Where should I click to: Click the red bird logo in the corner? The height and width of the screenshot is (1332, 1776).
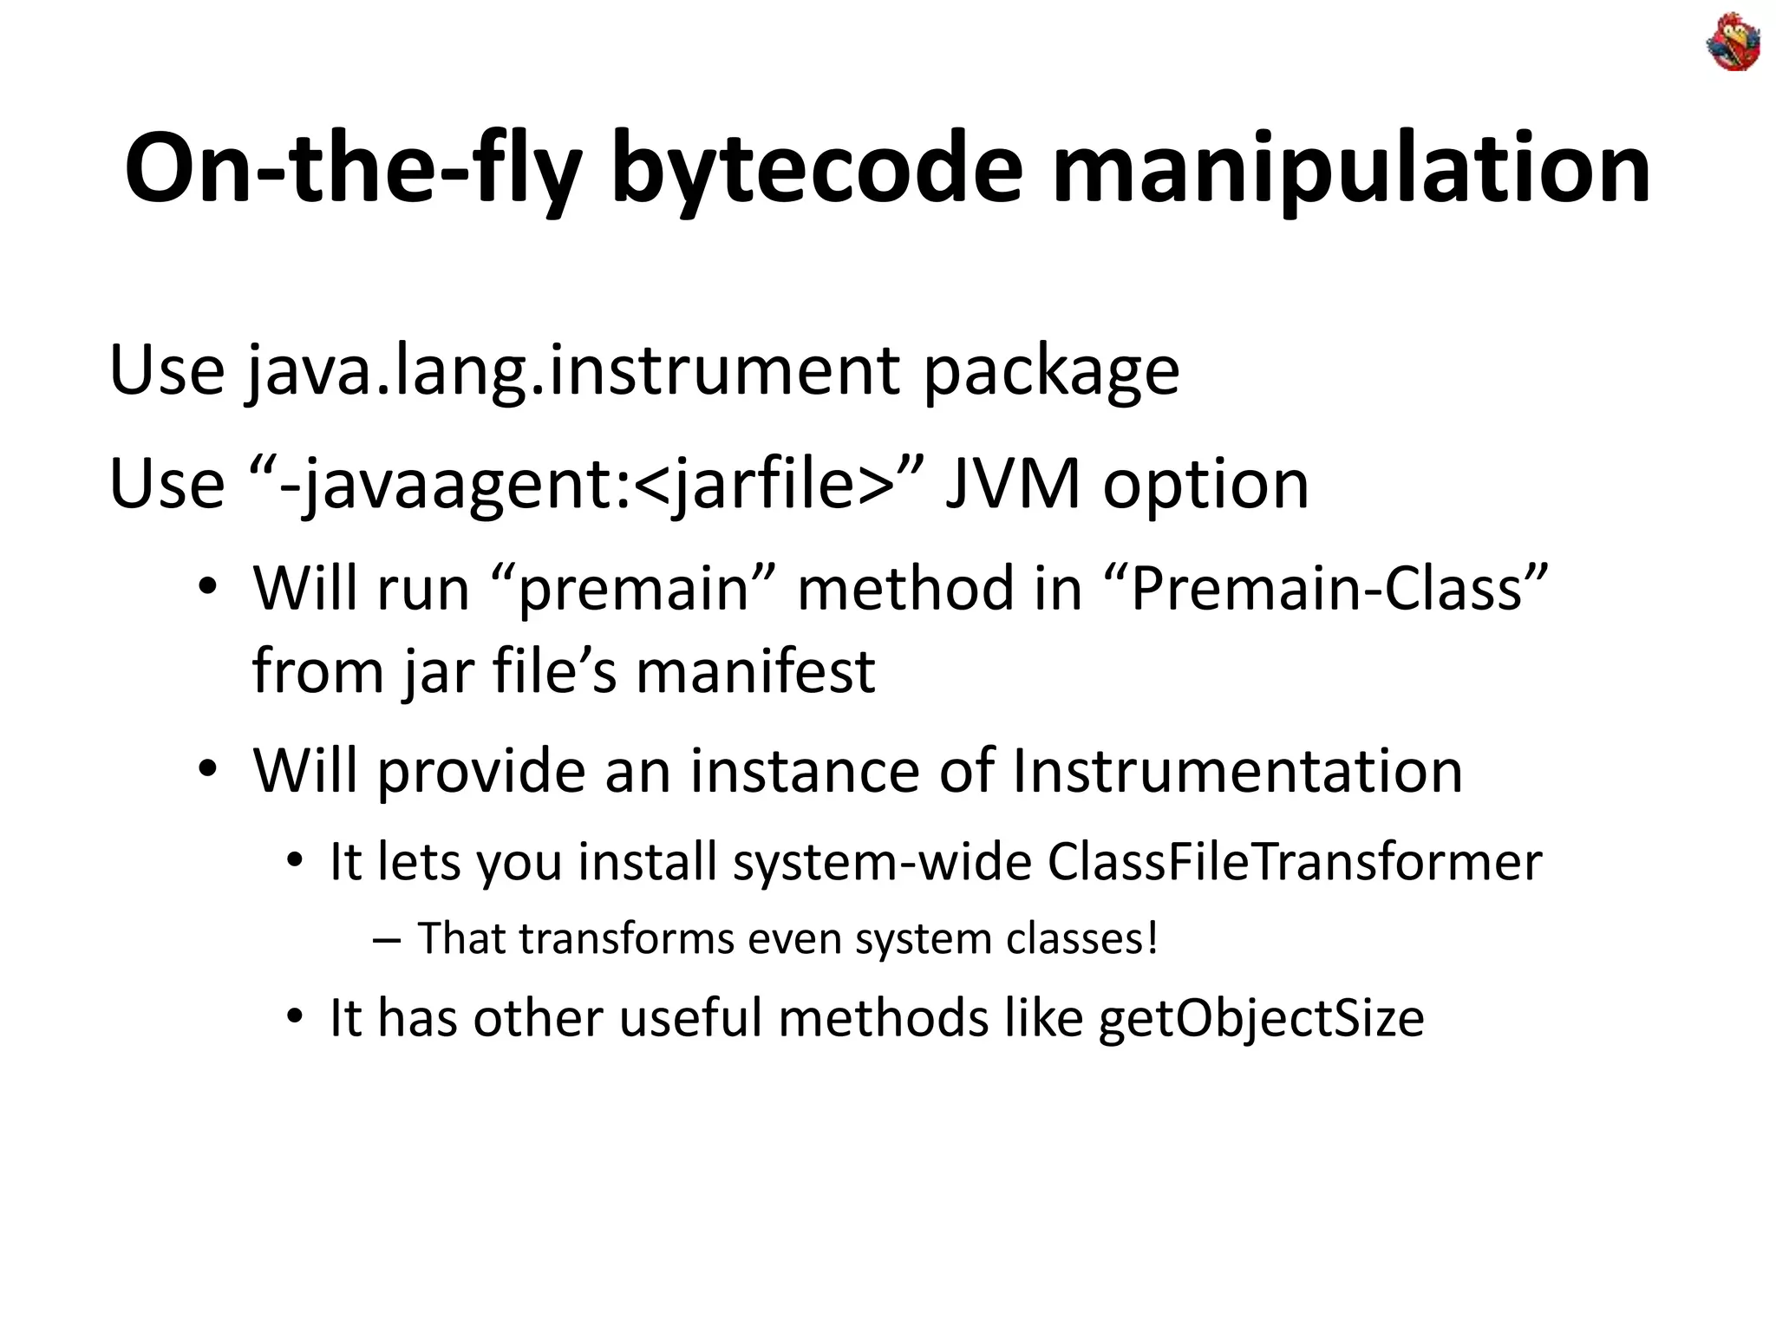click(1733, 42)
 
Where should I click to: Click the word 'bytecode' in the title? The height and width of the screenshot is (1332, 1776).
click(816, 168)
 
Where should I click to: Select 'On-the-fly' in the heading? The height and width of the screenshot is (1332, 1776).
click(352, 168)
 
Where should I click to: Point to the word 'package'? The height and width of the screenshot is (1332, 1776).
click(1050, 371)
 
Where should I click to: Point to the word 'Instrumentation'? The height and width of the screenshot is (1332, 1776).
click(1237, 770)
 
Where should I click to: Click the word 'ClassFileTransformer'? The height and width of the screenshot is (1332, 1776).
click(1295, 862)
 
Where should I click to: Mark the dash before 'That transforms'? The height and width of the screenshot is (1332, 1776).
click(386, 939)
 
